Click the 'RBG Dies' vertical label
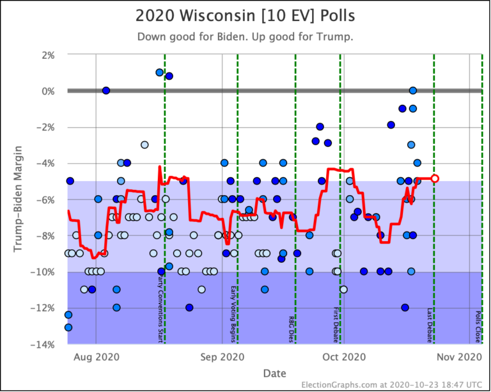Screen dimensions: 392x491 coord(291,328)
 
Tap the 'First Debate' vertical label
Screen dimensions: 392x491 coord(336,324)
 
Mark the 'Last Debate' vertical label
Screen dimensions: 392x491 coord(430,325)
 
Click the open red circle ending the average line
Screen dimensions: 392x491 coord(435,178)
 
